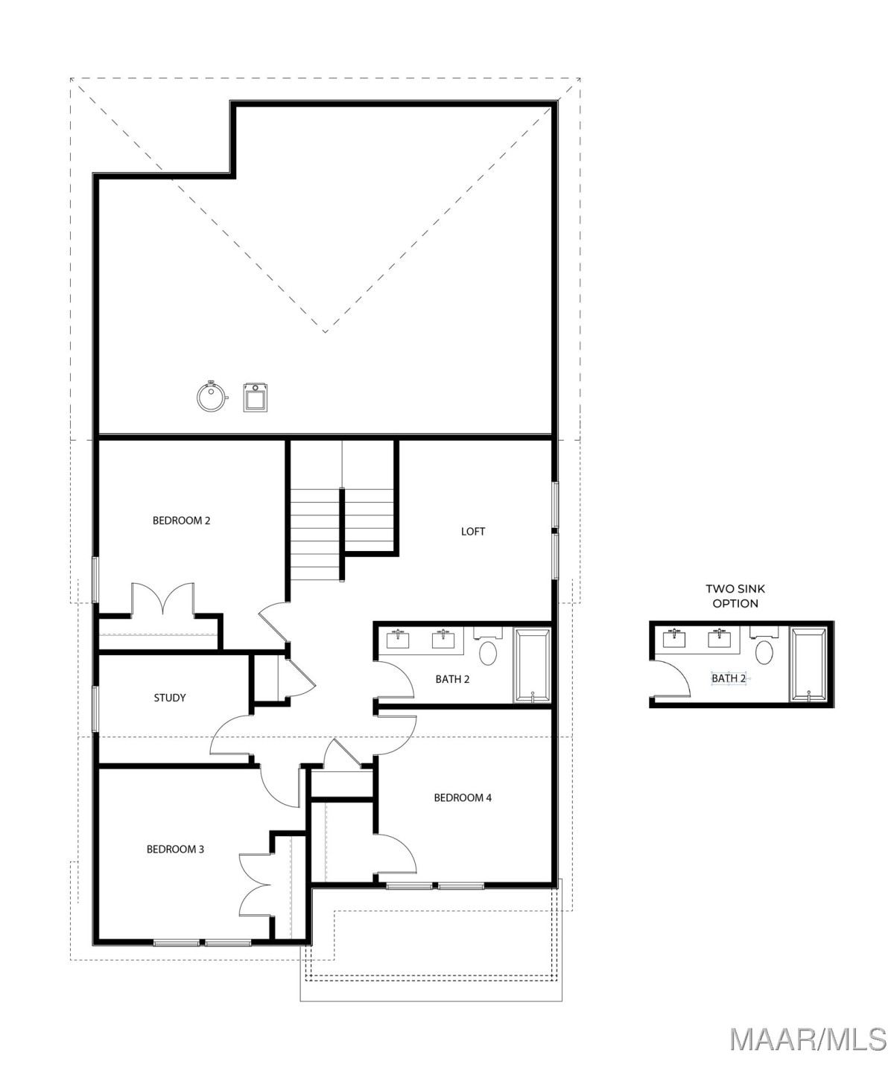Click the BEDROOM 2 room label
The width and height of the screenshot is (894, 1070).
(181, 520)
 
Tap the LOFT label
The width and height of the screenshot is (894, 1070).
(472, 532)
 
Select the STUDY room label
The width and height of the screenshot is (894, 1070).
(170, 698)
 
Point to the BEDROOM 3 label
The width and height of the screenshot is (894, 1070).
(175, 849)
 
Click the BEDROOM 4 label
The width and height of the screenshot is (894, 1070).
(463, 797)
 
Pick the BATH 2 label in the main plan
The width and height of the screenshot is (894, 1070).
(452, 679)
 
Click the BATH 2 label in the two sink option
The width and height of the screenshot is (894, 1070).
(729, 678)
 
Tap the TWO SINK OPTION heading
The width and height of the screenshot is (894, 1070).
(735, 596)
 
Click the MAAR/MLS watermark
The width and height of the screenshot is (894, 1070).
(808, 1039)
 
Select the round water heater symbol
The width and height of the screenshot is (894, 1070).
(212, 396)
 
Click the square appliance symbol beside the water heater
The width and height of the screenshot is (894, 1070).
(256, 397)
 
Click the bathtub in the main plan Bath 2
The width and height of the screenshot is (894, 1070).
(532, 666)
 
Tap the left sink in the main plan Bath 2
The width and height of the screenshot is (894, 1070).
(398, 639)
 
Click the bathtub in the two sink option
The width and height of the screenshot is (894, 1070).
(808, 665)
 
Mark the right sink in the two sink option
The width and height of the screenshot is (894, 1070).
(720, 638)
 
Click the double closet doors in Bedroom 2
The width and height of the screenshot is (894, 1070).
(162, 598)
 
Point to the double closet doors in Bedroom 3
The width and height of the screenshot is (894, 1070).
(255, 885)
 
